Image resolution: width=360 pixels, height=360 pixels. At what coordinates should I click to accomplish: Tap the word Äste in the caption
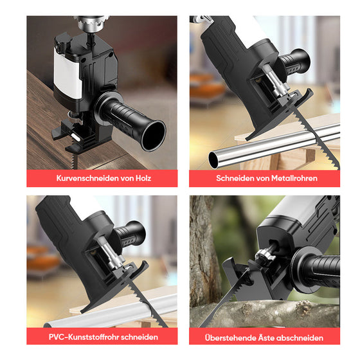coord(269,337)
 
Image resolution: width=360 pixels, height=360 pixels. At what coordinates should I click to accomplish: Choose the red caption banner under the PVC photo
coord(102,337)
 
